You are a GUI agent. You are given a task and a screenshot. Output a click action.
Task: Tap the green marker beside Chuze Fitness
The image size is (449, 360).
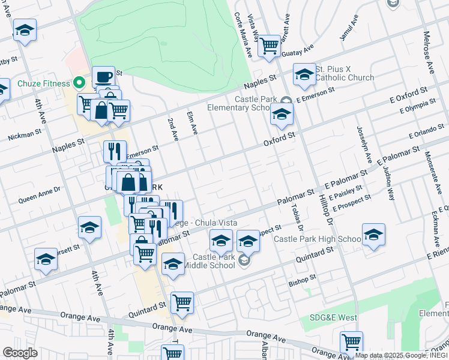[x=78, y=83]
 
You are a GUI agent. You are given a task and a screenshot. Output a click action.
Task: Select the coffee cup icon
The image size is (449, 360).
[x=103, y=77]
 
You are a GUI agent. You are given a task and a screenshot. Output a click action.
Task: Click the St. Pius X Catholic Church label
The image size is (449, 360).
[x=345, y=73]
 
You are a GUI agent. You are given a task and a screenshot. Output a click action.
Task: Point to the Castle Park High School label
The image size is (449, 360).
[x=317, y=239]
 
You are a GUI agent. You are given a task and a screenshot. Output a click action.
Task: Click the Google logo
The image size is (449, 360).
[x=20, y=353]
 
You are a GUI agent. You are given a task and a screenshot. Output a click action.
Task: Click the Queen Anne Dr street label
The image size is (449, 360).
[x=40, y=194]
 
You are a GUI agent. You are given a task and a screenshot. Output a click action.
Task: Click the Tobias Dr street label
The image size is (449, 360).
[x=297, y=218]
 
